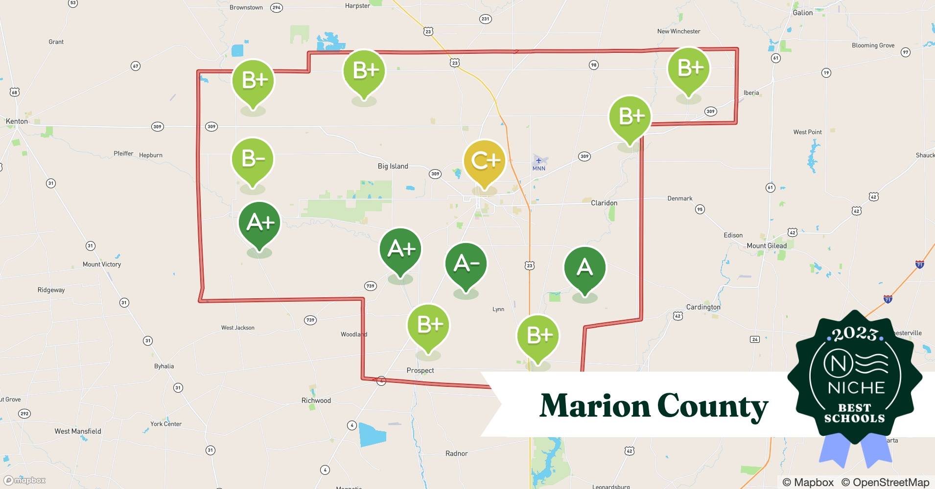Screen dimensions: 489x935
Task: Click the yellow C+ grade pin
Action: tap(484, 161)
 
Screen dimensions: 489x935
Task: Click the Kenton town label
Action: tap(17, 121)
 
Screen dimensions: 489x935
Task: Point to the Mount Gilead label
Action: tap(767, 246)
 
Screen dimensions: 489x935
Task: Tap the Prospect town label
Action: tap(420, 371)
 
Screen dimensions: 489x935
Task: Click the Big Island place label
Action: tap(393, 166)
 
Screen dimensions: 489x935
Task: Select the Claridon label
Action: tap(604, 203)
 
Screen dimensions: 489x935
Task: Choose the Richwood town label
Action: tap(316, 400)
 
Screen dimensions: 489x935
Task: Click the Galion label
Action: tap(802, 13)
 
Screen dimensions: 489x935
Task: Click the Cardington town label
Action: tap(703, 307)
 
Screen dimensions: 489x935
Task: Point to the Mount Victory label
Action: tap(101, 265)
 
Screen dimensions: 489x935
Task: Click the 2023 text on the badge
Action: tap(855, 334)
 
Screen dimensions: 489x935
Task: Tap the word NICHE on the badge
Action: tap(856, 388)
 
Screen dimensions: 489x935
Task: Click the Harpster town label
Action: tap(357, 6)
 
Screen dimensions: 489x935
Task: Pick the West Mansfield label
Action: tap(78, 431)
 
